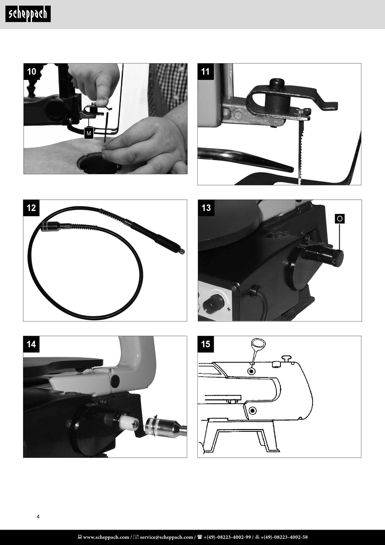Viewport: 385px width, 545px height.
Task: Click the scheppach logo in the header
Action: (x=28, y=14)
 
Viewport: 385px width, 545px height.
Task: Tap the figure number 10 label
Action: (x=31, y=72)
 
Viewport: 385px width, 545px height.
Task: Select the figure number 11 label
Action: (x=205, y=72)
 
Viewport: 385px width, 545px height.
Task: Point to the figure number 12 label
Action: (x=31, y=208)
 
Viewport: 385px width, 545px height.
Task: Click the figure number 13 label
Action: (x=206, y=208)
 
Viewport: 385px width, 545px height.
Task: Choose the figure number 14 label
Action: (x=31, y=345)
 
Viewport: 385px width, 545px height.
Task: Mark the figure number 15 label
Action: (x=205, y=345)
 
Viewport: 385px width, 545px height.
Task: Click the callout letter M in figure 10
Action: (x=89, y=133)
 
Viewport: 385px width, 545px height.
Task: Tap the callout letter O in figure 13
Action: (x=340, y=219)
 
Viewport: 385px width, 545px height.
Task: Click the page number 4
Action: (x=38, y=517)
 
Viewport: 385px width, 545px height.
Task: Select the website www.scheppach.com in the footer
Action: (x=105, y=537)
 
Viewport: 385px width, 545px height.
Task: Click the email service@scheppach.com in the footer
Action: (x=166, y=537)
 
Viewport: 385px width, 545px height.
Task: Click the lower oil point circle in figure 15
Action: (x=252, y=411)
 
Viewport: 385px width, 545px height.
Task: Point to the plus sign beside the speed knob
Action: (x=229, y=309)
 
